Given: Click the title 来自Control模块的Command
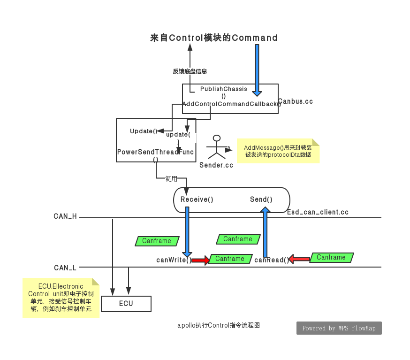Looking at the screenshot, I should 213,38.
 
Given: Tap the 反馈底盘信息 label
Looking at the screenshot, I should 190,71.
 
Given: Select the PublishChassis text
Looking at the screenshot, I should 223,89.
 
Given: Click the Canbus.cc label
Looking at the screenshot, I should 296,101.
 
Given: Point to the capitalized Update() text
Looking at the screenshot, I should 144,131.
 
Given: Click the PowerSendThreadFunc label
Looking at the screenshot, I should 156,152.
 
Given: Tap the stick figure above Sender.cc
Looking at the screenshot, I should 216,147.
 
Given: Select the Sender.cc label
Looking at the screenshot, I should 216,165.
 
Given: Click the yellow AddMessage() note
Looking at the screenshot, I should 278,151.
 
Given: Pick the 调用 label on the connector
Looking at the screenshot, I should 171,179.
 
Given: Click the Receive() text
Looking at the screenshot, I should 197,199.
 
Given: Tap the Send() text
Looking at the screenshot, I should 261,199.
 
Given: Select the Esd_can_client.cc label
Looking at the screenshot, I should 318,212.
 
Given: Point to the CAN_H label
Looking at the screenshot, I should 65,216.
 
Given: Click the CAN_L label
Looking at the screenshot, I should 65,268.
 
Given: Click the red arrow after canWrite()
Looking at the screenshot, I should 200,260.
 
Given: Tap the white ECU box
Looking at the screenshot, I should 126,304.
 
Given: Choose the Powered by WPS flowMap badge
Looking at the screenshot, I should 339,328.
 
